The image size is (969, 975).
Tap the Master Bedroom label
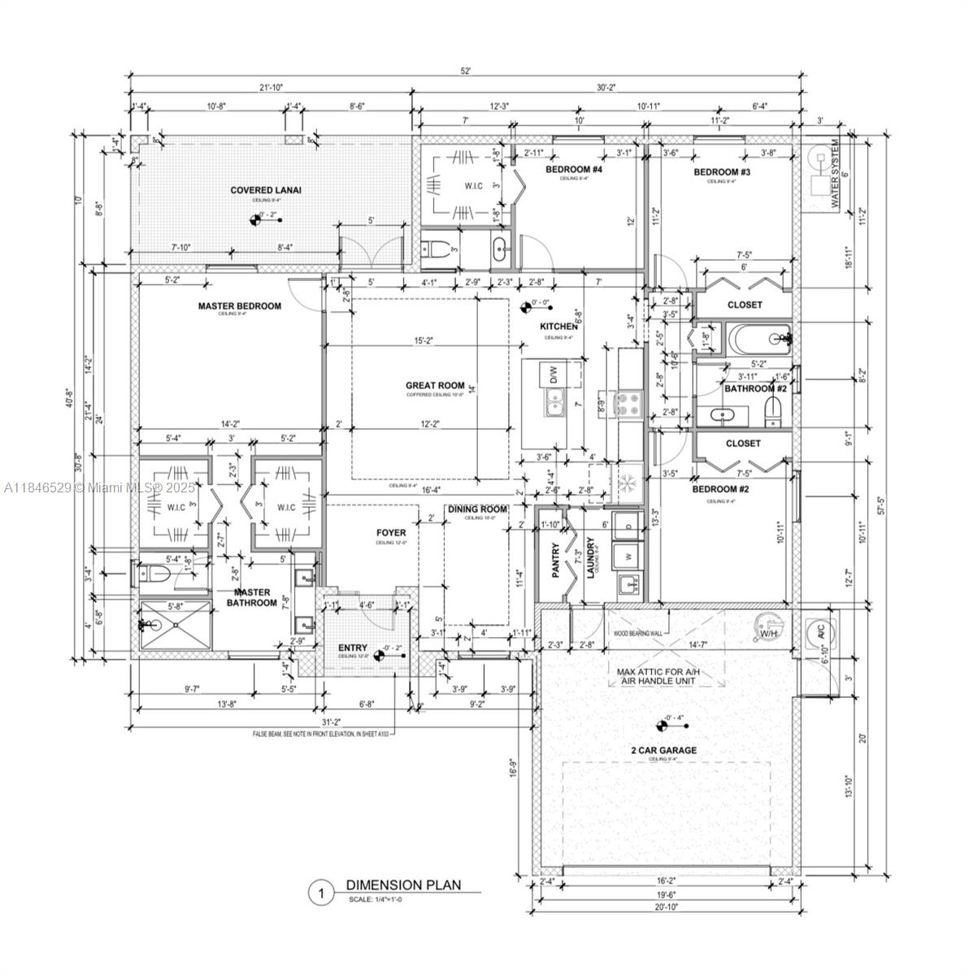click(x=240, y=306)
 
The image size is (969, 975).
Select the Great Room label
click(x=435, y=386)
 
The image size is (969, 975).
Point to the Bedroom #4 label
click(x=573, y=170)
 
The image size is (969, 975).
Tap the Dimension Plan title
click(x=403, y=885)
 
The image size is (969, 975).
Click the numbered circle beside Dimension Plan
click(x=321, y=894)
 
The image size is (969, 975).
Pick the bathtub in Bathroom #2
click(x=757, y=336)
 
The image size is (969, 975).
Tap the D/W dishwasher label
click(x=554, y=375)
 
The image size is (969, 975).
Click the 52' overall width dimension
click(x=466, y=71)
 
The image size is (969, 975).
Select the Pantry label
click(x=557, y=561)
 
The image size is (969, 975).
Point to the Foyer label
click(x=391, y=533)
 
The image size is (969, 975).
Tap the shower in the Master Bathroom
click(x=175, y=625)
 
